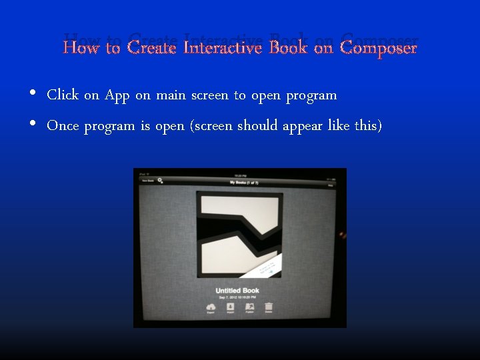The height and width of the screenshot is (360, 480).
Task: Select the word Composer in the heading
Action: tap(378, 48)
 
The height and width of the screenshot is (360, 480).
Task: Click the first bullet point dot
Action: tap(33, 94)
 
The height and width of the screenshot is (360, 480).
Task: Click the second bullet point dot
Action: tap(33, 125)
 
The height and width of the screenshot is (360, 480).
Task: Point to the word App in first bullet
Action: tap(117, 95)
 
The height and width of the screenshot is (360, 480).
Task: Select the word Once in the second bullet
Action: tap(63, 126)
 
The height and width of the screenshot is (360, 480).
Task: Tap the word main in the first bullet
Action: tap(171, 95)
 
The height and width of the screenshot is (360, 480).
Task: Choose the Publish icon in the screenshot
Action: tap(249, 307)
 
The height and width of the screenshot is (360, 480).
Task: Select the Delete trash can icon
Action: tap(269, 307)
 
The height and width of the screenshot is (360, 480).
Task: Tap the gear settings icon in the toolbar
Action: tap(161, 180)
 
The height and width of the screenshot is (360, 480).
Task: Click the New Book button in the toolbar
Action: tap(147, 180)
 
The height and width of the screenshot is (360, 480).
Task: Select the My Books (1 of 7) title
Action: tap(243, 181)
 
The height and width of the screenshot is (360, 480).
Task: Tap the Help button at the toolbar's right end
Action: tap(331, 186)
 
